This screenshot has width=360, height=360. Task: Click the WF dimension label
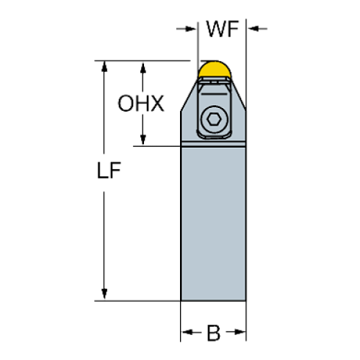[223, 29]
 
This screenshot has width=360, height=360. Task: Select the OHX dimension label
[141, 104]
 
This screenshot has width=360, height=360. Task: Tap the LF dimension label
[109, 170]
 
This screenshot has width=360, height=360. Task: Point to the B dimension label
[214, 333]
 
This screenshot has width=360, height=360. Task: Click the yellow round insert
[215, 69]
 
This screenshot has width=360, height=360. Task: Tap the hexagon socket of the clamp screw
[214, 120]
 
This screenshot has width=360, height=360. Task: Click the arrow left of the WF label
[186, 29]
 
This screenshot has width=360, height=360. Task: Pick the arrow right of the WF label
[257, 29]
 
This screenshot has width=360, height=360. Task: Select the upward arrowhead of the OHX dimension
[143, 68]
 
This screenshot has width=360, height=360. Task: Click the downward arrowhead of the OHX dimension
[143, 140]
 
